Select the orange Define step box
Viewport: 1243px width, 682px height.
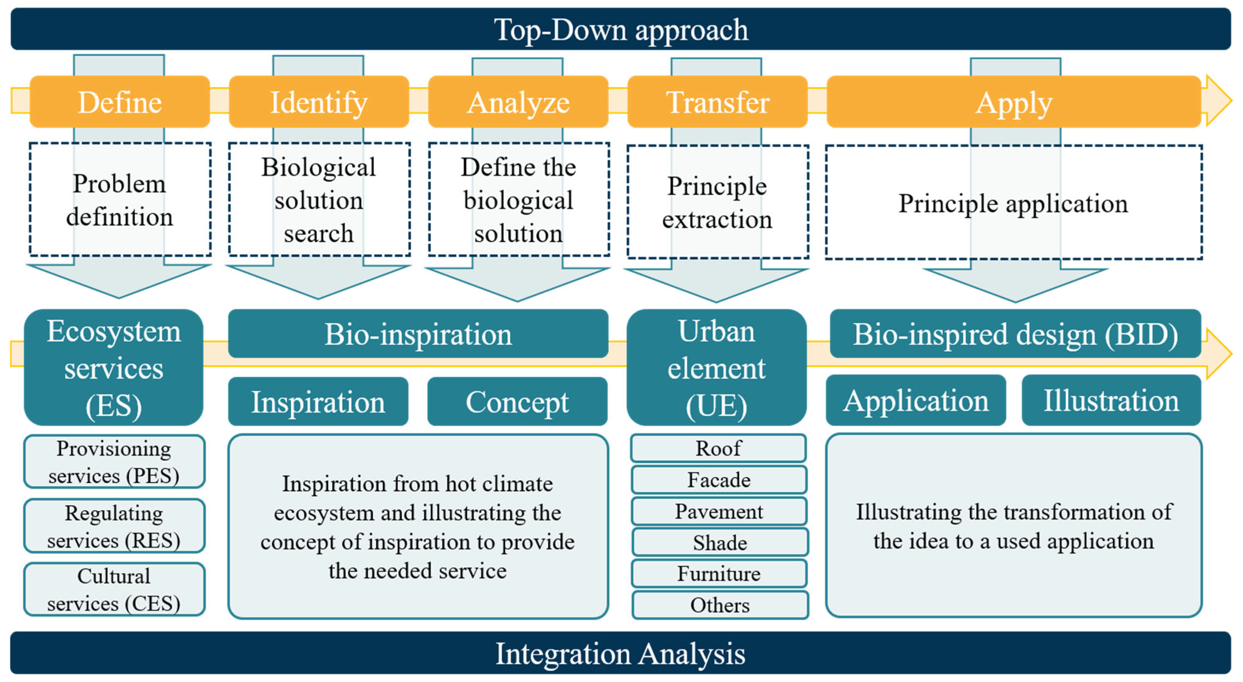(x=120, y=102)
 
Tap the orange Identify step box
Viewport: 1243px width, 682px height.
(x=318, y=102)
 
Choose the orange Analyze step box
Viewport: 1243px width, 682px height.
(x=518, y=102)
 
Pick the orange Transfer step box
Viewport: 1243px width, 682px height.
(x=717, y=102)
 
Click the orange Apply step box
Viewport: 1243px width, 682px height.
(x=1013, y=102)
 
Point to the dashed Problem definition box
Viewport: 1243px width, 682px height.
(x=120, y=199)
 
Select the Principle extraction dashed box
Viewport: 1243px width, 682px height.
(x=718, y=202)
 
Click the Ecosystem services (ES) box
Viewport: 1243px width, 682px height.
(x=114, y=367)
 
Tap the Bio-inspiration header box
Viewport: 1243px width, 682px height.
(x=418, y=334)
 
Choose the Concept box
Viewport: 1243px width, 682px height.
(x=517, y=402)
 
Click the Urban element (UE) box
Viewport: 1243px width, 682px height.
(x=717, y=367)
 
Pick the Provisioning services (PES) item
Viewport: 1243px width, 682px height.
(x=114, y=462)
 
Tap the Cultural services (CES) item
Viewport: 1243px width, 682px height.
(x=114, y=589)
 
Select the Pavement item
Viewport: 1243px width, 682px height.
(x=719, y=511)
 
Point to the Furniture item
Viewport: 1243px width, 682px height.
(x=719, y=574)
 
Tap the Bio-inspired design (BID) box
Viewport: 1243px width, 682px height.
(x=1015, y=334)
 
